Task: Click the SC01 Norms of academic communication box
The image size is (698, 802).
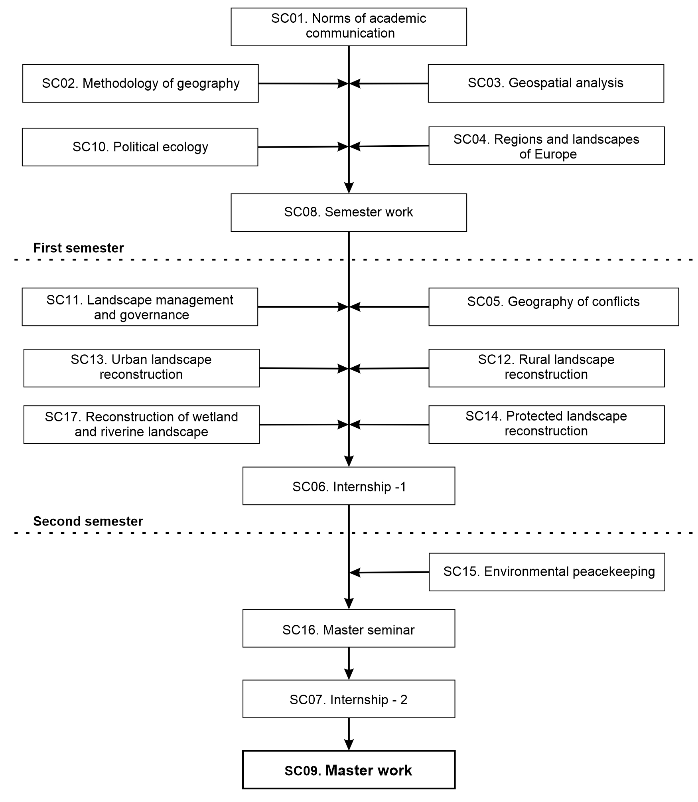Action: (349, 27)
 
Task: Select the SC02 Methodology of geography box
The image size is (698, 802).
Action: (140, 83)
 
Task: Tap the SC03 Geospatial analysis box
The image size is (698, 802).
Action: (546, 83)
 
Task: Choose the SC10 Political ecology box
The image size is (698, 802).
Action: (140, 147)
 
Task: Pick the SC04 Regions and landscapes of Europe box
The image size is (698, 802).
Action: (546, 146)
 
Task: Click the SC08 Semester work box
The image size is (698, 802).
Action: (349, 213)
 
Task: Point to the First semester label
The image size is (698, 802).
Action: (79, 248)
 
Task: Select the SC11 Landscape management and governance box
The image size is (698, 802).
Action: (140, 307)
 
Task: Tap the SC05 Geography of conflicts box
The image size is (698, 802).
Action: (554, 307)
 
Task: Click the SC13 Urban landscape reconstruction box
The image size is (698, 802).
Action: (142, 368)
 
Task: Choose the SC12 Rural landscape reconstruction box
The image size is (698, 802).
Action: (546, 368)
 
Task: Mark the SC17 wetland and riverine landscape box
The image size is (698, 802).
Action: (142, 425)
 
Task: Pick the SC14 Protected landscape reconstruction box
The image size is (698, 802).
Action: (546, 425)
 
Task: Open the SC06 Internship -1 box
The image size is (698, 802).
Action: (349, 486)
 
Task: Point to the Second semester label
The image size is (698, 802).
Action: (88, 521)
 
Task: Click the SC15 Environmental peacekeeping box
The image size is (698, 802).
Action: (547, 572)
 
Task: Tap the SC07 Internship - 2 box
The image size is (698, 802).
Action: (349, 699)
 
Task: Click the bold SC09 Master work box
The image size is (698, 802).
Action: (349, 770)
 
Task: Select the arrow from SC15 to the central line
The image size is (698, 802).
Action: (389, 573)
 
